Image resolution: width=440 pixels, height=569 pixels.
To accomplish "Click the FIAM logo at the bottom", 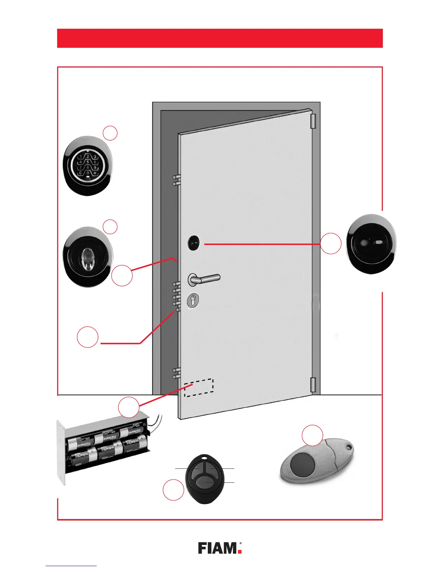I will [x=220, y=548].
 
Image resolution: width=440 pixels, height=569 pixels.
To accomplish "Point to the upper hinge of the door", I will [x=312, y=121].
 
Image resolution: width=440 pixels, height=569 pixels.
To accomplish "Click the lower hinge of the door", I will [x=312, y=385].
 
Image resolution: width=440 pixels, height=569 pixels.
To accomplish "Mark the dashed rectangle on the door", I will [x=199, y=388].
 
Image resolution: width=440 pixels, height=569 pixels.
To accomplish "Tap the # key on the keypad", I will [x=95, y=173].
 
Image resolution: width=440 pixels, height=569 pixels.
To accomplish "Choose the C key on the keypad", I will [x=80, y=173].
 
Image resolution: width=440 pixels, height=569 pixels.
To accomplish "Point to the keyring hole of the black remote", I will [x=205, y=458].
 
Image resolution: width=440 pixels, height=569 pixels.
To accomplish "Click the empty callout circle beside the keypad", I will [x=110, y=133].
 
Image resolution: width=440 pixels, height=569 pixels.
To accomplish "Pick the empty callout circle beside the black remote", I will [x=173, y=490].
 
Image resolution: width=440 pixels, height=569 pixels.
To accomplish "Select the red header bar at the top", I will [x=220, y=38].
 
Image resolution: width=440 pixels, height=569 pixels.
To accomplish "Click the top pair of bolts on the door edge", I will [x=176, y=180].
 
